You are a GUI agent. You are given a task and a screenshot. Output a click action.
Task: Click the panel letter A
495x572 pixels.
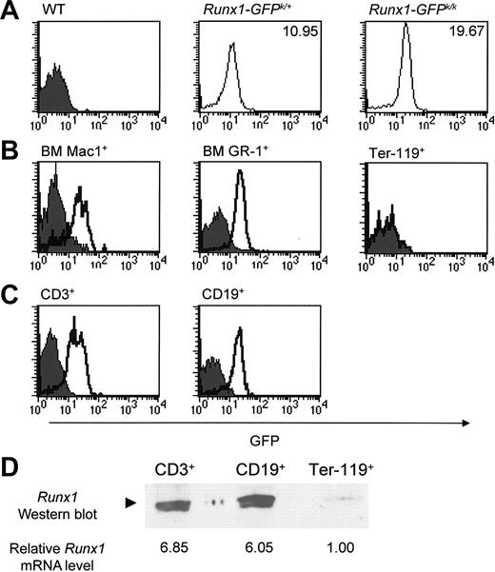pos(10,14)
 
